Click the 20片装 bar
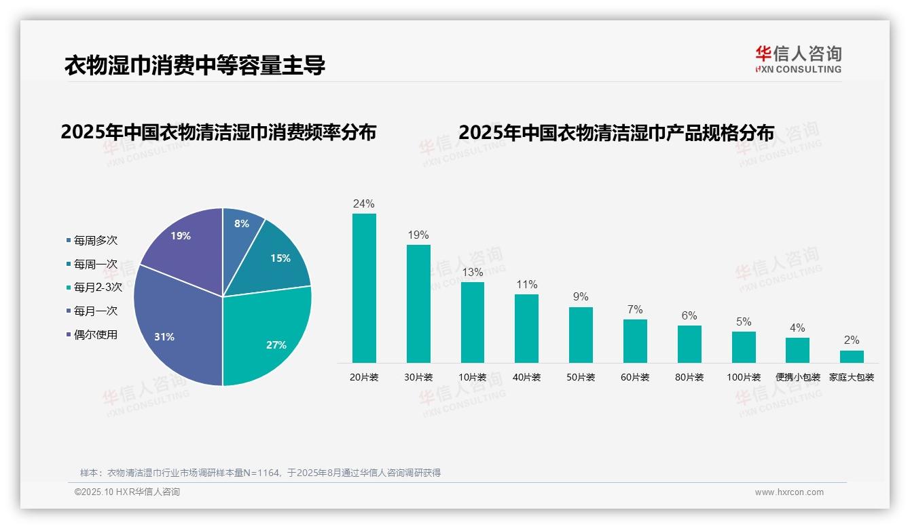pyautogui.click(x=364, y=288)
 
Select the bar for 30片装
pyautogui.click(x=418, y=303)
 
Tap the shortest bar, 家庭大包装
pyautogui.click(x=852, y=356)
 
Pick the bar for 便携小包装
pyautogui.click(x=797, y=350)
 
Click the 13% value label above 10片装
pyautogui.click(x=472, y=272)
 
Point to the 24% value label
pyautogui.click(x=364, y=203)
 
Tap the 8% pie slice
pyautogui.click(x=240, y=227)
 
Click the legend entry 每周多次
pyautogui.click(x=95, y=240)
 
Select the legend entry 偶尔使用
pyautogui.click(x=95, y=334)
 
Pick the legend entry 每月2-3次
pyautogui.click(x=97, y=287)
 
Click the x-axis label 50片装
pyautogui.click(x=581, y=377)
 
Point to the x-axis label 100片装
pyautogui.click(x=744, y=377)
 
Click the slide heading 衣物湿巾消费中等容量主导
pyautogui.click(x=195, y=65)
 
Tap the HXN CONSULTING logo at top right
pyautogui.click(x=798, y=59)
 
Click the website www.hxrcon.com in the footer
pyautogui.click(x=789, y=492)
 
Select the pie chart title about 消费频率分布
pyautogui.click(x=218, y=132)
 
